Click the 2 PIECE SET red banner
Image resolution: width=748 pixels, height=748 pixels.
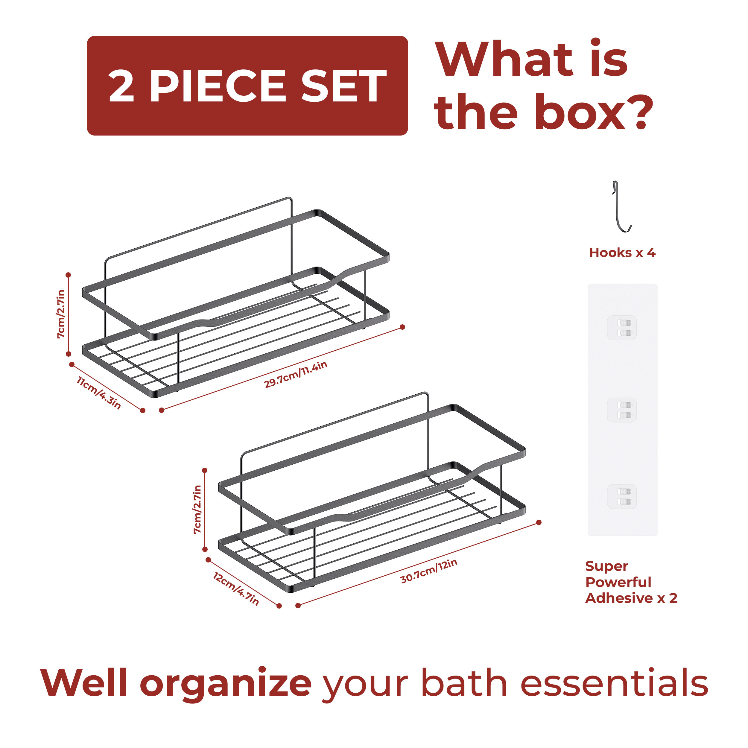247,86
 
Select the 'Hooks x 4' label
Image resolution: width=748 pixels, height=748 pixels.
622,253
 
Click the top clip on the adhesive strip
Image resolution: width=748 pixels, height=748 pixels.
622,328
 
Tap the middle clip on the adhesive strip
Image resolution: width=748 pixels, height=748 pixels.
622,410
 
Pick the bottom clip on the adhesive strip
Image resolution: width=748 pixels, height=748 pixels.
622,496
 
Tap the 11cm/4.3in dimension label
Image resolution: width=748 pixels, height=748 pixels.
99,393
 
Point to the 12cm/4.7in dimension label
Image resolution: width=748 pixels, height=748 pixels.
236,589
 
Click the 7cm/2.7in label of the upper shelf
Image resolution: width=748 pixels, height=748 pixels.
61,314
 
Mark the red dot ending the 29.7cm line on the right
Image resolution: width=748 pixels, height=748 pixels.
402,327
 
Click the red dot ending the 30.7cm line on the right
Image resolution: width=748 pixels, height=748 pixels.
539,522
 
